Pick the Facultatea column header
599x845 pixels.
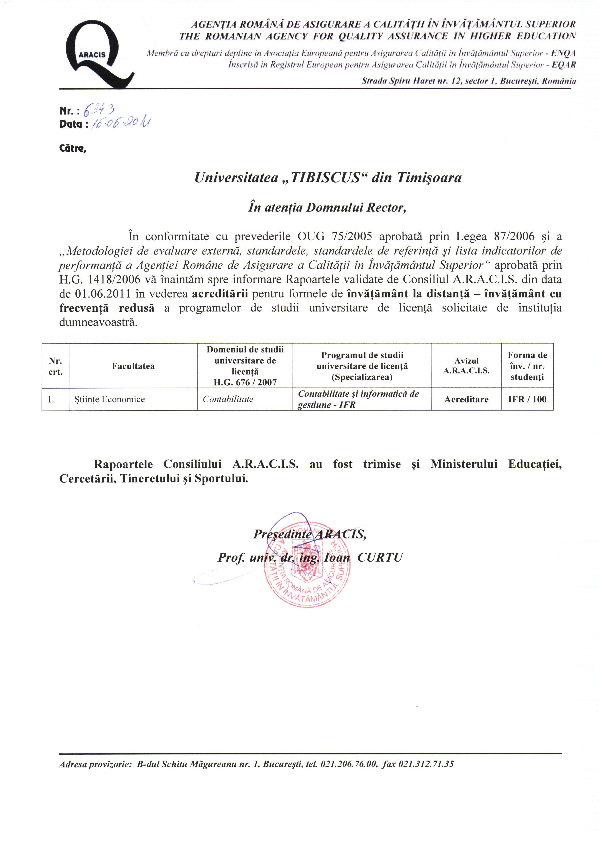pyautogui.click(x=133, y=366)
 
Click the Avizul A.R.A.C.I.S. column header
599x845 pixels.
pyautogui.click(x=466, y=366)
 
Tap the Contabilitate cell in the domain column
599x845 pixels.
pyautogui.click(x=228, y=400)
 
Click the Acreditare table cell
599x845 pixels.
pyautogui.click(x=466, y=400)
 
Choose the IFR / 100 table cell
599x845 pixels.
pyautogui.click(x=527, y=400)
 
